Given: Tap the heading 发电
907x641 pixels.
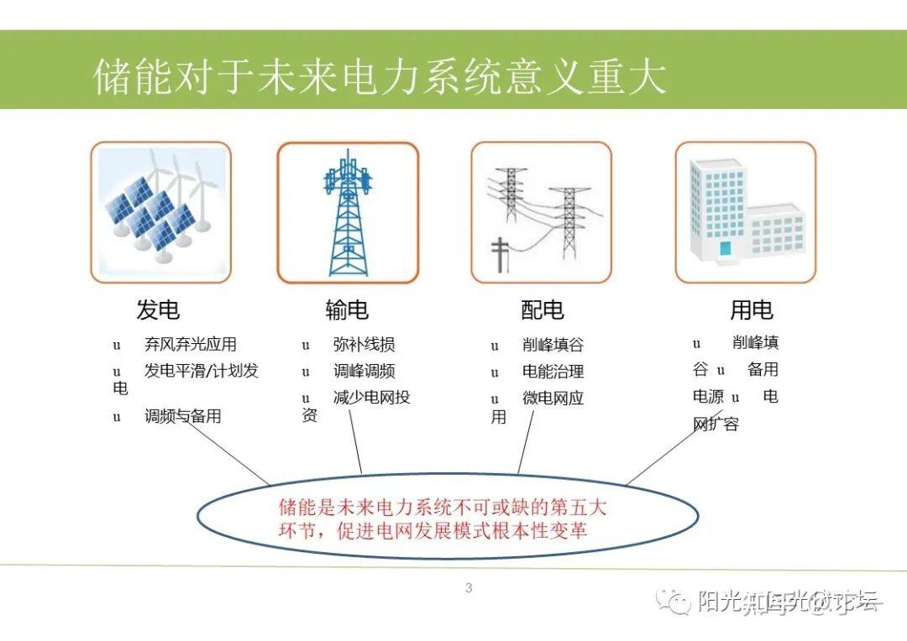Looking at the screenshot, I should [158, 310].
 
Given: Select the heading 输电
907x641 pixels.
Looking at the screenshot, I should [347, 310].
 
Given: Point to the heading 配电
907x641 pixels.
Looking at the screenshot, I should [542, 310].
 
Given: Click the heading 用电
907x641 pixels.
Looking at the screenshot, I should [751, 310].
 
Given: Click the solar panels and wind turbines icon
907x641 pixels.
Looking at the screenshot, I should [160, 212].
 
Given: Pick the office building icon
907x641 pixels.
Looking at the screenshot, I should [745, 212].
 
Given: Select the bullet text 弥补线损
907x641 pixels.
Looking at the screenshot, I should [364, 345].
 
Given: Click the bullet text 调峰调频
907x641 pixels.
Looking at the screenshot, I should [364, 372].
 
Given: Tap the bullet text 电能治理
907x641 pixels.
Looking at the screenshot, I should [553, 372].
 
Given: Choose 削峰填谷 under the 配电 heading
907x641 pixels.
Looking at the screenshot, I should [553, 345].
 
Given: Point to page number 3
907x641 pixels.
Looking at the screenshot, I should [469, 588].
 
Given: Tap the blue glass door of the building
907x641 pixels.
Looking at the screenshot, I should [725, 248].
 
